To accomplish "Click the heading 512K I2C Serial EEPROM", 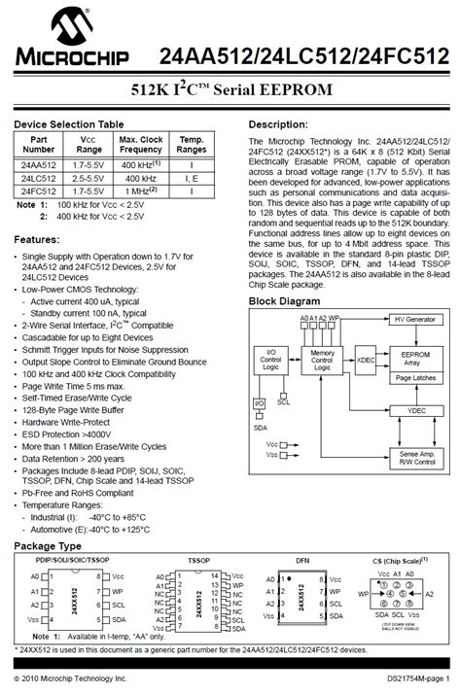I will [230, 89].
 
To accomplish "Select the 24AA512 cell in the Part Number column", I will [39, 166].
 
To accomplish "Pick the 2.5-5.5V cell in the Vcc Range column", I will [89, 179].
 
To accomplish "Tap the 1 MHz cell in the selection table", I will [141, 191].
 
